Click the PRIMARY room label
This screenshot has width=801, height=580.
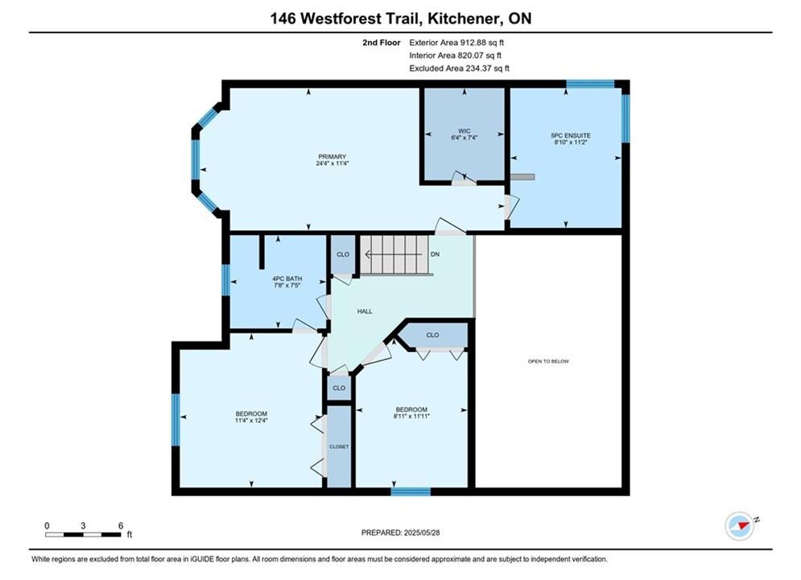332,156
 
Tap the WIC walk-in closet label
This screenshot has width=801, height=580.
464,131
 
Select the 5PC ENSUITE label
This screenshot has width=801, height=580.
571,135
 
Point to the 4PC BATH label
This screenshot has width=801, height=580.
287,279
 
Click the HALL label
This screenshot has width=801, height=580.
365,311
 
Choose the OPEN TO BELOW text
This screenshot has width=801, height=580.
548,361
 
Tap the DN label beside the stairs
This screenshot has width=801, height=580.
435,254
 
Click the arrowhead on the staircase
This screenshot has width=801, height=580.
368,254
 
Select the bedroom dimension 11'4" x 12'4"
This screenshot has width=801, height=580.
251,420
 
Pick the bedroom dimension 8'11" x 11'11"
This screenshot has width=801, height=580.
411,416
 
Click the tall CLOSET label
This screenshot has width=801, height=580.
339,446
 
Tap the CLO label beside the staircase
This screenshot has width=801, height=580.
343,254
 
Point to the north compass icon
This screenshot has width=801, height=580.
740,525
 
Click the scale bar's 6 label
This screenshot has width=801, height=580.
121,525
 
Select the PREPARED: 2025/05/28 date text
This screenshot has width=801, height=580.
401,532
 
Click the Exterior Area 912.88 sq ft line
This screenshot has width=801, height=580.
456,43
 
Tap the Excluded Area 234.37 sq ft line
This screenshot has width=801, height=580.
459,68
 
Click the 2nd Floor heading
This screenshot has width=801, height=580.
382,43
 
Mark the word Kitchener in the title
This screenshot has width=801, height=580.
462,19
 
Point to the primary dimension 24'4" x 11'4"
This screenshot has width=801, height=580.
332,164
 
